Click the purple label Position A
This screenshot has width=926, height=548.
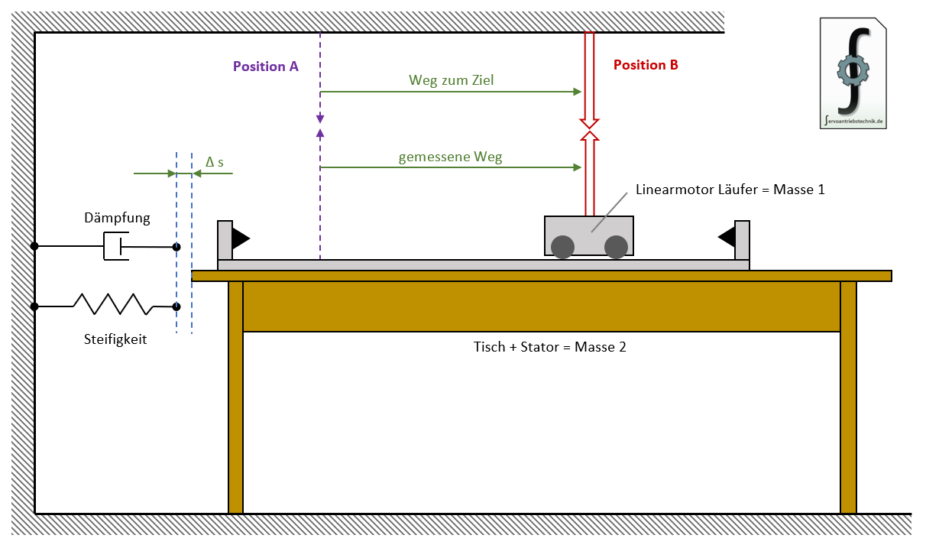[265, 66]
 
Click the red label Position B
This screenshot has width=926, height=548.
[646, 66]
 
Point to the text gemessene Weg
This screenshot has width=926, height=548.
[450, 157]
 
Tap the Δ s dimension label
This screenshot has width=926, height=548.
[215, 162]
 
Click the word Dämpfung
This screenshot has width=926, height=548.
[117, 218]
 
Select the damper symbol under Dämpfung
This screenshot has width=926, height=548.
[116, 247]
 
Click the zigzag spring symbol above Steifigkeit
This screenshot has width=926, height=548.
[112, 304]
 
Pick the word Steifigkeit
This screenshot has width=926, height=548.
[115, 339]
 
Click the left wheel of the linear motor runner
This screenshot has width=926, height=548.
[563, 247]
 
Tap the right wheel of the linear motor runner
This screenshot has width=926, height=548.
[616, 247]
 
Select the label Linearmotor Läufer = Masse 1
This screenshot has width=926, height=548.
[730, 190]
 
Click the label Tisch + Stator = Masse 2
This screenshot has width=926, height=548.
[550, 346]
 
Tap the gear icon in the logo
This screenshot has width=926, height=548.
[853, 71]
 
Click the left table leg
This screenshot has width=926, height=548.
[235, 397]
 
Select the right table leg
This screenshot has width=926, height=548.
[848, 397]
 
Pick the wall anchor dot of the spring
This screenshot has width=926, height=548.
[34, 306]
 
